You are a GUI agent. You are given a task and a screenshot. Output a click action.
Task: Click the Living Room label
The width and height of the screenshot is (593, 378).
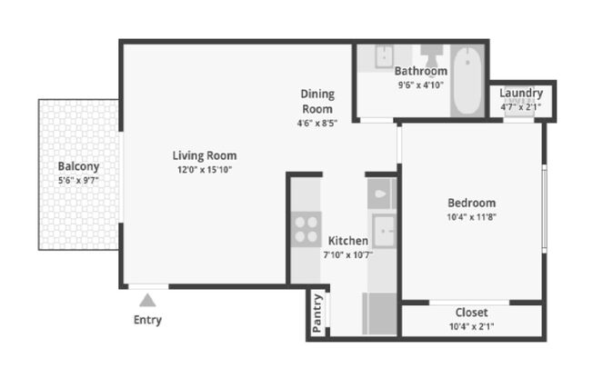[205, 154]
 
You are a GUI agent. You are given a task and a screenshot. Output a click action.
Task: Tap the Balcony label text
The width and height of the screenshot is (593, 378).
[78, 166]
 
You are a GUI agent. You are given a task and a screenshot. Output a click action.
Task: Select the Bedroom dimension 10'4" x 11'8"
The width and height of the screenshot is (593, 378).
[471, 216]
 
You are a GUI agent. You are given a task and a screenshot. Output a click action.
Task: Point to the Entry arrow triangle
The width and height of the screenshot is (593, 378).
[147, 299]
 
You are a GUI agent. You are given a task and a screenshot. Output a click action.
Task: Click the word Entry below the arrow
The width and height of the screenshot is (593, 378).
[147, 320]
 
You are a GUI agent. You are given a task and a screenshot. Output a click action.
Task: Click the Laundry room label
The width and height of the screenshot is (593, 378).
[521, 93]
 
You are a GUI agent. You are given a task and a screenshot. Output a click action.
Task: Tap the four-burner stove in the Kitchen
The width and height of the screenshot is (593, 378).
[306, 227]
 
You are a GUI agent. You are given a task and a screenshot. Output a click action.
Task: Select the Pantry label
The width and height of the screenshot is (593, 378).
[317, 313]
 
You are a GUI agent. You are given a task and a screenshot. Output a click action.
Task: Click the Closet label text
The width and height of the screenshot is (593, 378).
[471, 313]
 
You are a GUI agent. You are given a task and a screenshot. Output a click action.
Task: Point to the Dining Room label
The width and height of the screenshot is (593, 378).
[317, 101]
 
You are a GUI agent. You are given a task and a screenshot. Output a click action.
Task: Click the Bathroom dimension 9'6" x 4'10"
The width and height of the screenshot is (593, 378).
[421, 85]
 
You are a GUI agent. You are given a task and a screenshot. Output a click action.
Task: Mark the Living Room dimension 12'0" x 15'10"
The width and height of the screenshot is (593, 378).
[205, 169]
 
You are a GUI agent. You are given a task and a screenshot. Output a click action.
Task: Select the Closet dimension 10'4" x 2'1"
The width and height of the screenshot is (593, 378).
[471, 327]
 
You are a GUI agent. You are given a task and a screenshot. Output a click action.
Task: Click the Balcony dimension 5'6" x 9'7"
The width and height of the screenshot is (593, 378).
[77, 181]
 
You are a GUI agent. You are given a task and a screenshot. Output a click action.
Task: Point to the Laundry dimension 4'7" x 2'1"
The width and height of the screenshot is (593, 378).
[521, 106]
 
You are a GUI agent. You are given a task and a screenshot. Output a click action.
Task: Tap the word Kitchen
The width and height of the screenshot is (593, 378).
[348, 241]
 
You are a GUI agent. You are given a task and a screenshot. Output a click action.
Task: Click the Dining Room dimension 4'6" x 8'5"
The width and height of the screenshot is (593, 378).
[317, 124]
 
